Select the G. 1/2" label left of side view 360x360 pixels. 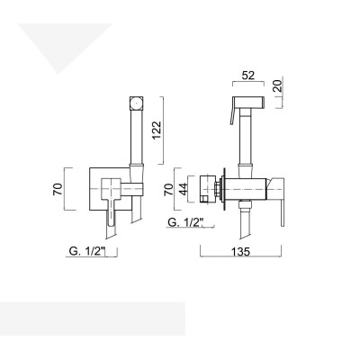(184, 221)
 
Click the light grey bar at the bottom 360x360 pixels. (90, 319)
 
